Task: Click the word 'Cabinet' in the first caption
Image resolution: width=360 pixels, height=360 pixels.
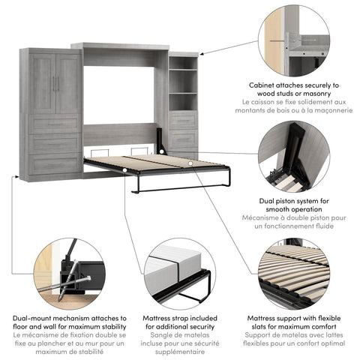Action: [x=265, y=85]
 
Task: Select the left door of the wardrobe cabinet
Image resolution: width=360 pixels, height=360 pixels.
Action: [x=41, y=83]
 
